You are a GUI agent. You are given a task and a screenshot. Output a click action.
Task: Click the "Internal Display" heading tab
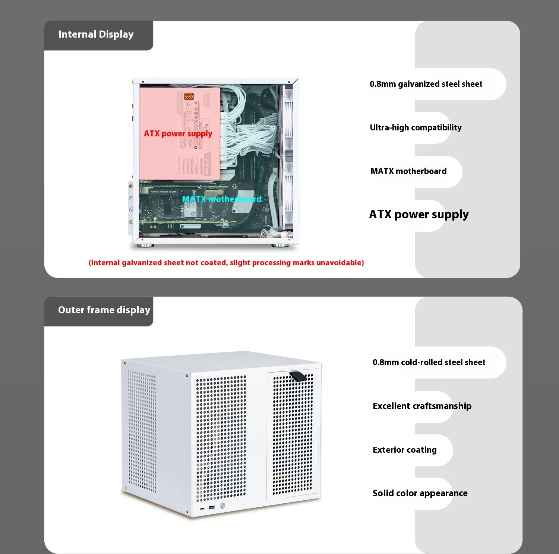96,35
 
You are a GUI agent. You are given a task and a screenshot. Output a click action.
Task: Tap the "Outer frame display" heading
104,310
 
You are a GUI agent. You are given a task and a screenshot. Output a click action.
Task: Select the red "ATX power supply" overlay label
178,134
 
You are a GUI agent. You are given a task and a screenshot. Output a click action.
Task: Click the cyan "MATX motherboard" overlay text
222,199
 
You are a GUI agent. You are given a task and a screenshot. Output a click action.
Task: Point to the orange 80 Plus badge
189,96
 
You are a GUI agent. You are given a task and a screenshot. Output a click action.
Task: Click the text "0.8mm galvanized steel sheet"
426,84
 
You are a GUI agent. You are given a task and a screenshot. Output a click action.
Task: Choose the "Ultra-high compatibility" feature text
416,128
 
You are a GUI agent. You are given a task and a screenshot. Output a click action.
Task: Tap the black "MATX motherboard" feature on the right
408,171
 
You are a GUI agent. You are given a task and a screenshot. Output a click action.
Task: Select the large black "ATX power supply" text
419,215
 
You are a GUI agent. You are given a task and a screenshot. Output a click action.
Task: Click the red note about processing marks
226,263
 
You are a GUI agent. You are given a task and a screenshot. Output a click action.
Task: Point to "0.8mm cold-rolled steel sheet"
429,363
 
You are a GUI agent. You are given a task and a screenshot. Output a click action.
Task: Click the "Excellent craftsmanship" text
422,406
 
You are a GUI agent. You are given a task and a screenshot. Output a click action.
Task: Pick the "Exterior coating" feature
405,450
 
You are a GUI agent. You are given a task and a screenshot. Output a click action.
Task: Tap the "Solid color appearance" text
420,493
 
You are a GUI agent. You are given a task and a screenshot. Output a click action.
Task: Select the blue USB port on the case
212,507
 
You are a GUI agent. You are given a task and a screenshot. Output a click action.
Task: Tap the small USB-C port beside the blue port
202,509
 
